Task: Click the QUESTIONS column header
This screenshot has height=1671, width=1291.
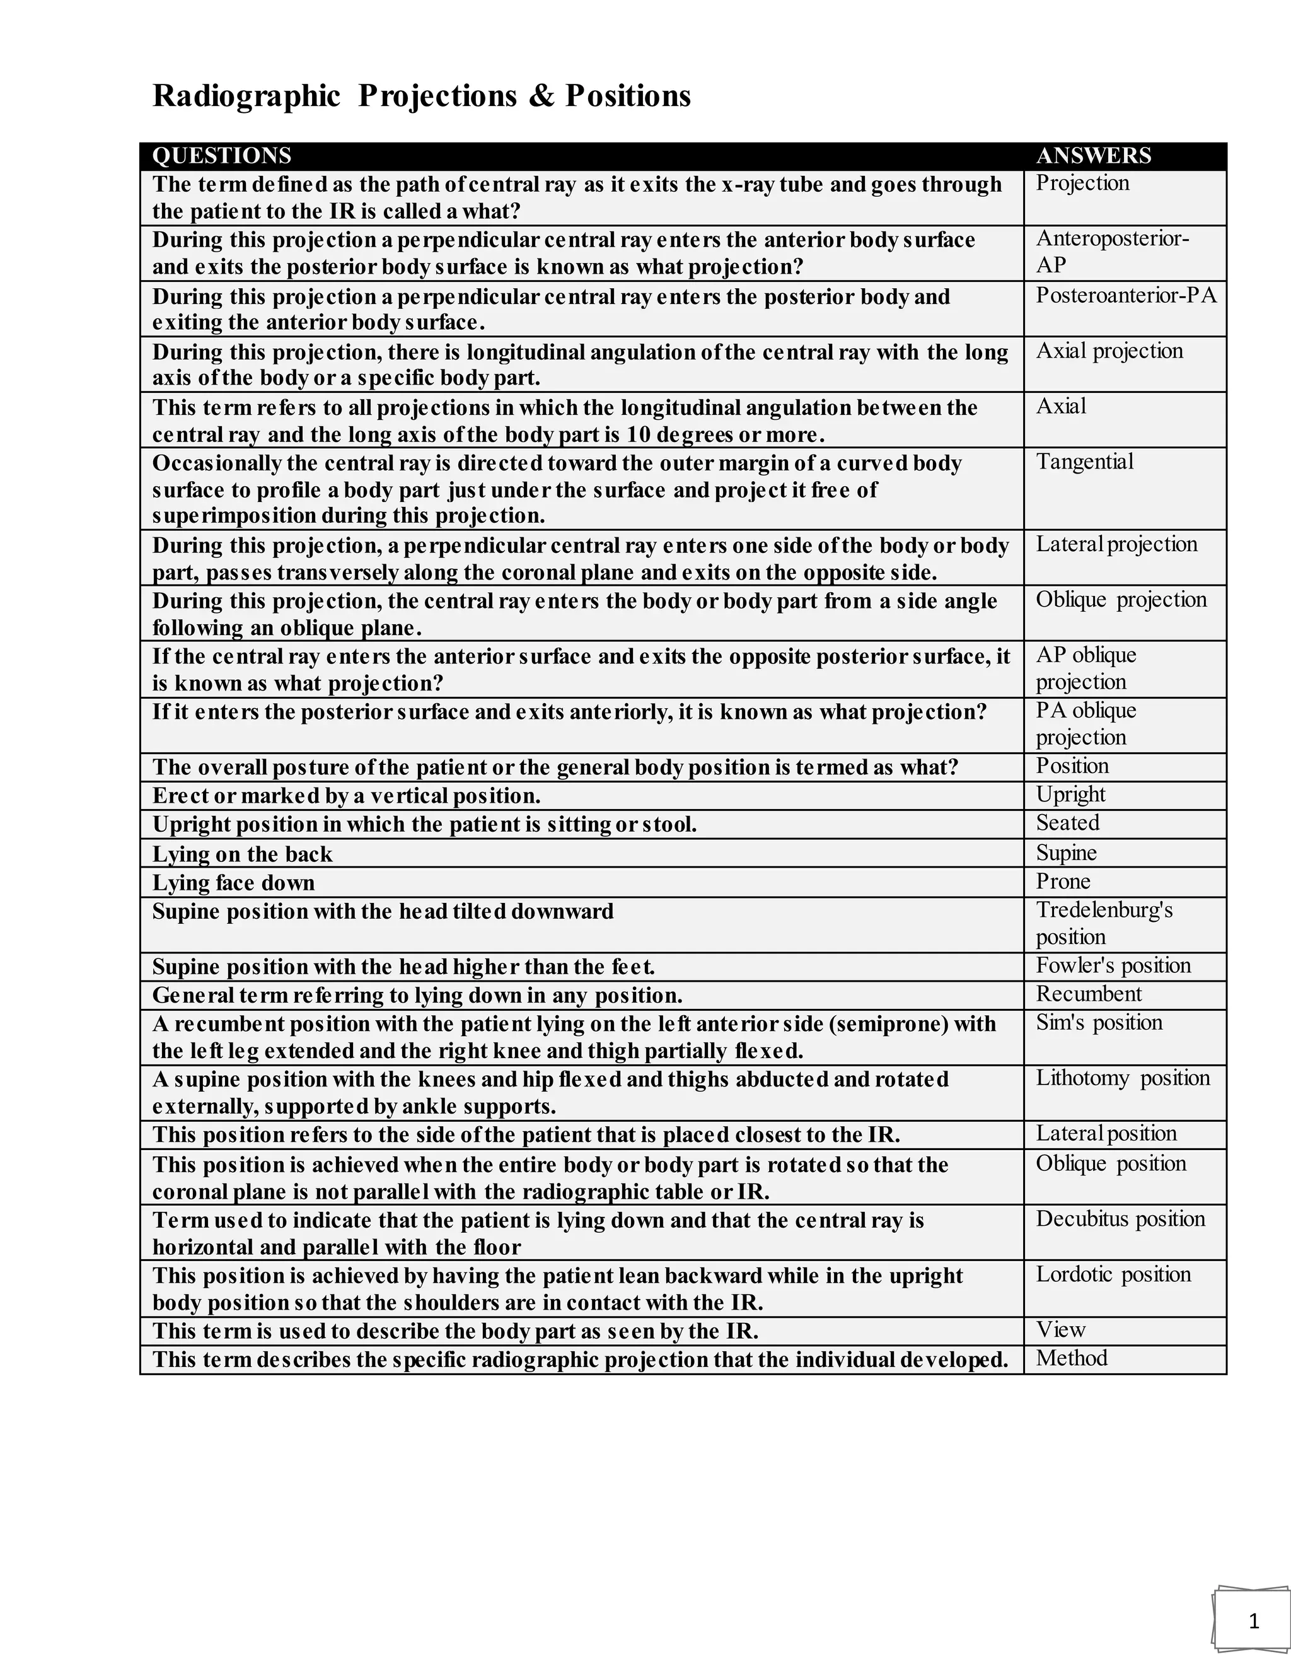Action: coord(222,156)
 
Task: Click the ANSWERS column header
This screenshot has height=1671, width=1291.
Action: coord(1093,156)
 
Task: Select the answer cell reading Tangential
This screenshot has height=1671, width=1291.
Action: coord(1084,462)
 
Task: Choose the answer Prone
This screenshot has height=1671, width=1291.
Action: coord(1063,882)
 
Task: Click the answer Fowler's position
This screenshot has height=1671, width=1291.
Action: coord(1113,965)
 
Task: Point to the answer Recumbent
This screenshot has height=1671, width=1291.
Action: coord(1088,994)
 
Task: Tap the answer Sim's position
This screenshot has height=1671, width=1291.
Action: coord(1098,1023)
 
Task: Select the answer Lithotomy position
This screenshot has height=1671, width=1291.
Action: coord(1123,1078)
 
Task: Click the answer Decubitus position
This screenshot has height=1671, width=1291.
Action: coord(1120,1219)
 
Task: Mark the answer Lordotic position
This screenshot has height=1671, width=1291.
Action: coord(1114,1274)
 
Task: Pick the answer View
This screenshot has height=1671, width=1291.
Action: coord(1061,1330)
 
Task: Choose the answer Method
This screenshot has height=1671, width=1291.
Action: coord(1072,1358)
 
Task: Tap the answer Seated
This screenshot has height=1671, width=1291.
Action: coord(1068,824)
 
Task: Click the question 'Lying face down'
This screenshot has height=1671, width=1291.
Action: coord(233,883)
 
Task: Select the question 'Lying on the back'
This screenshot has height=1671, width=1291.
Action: coord(243,854)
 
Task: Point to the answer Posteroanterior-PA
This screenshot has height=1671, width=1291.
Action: coord(1126,295)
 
